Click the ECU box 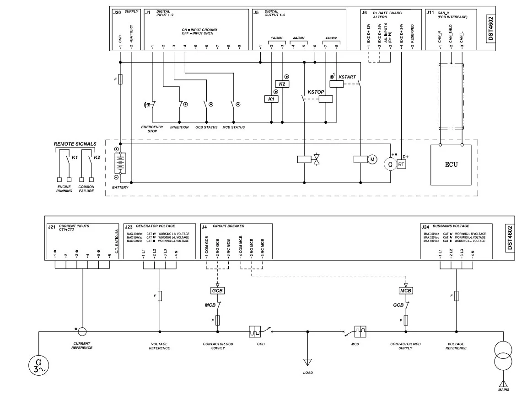click(x=451, y=165)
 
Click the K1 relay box click(x=271, y=99)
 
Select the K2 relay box click(x=282, y=84)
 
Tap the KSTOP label click(x=316, y=92)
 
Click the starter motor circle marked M click(x=372, y=159)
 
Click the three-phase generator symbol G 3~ click(x=38, y=365)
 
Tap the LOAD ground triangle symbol click(x=308, y=362)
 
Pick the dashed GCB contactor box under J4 click(x=217, y=291)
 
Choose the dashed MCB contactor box click(x=406, y=291)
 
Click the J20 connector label click(x=117, y=13)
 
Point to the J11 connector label click(x=430, y=13)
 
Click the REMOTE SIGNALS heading click(x=75, y=144)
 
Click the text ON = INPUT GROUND click(x=198, y=30)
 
